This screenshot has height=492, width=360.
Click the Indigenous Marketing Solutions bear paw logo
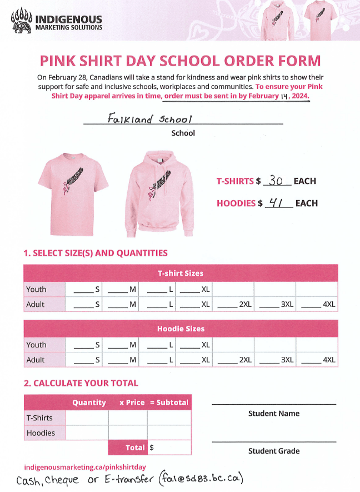21,21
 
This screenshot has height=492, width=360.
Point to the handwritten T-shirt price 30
276,181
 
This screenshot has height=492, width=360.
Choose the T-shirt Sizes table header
181,273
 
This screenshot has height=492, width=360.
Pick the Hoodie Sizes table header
181,329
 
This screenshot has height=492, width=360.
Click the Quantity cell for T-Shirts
87,418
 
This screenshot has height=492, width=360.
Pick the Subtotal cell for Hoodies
169,433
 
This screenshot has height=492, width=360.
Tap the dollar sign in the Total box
152,447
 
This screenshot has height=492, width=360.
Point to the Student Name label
273,414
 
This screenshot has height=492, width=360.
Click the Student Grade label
273,451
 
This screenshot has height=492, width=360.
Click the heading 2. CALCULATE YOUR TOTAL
81,383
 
